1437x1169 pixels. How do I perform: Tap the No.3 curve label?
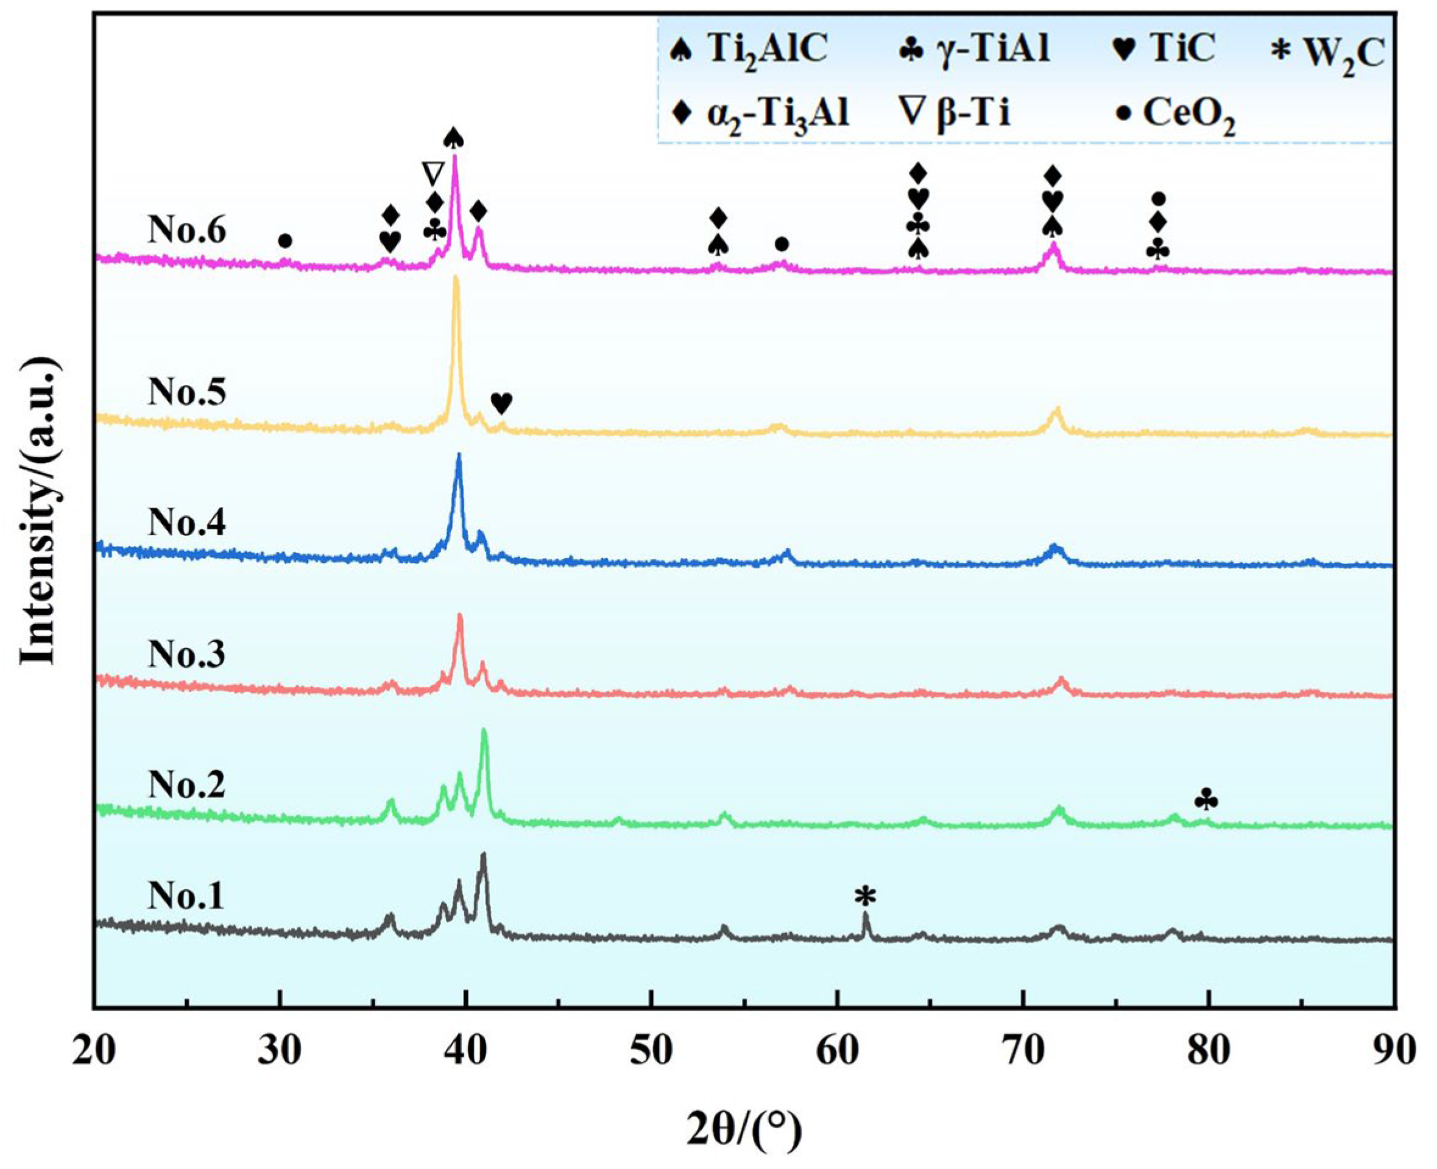point(186,653)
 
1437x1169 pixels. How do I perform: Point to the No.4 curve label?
point(186,523)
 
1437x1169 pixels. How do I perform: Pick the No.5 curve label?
point(186,392)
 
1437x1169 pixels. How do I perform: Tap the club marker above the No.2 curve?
point(1206,800)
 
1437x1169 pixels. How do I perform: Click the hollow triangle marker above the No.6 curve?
point(433,173)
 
